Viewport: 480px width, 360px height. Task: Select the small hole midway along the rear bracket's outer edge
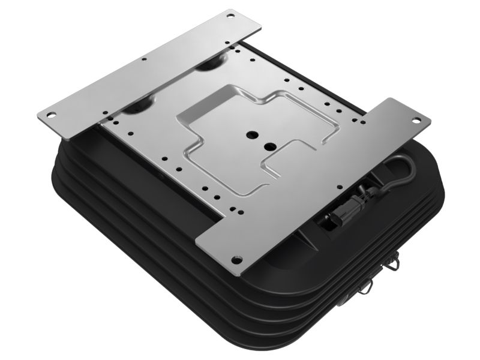pos(144,59)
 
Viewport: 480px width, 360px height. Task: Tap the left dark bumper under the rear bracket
pos(138,108)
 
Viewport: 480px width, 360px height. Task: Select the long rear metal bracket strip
pos(150,69)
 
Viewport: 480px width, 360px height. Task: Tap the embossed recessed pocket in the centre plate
pos(252,138)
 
